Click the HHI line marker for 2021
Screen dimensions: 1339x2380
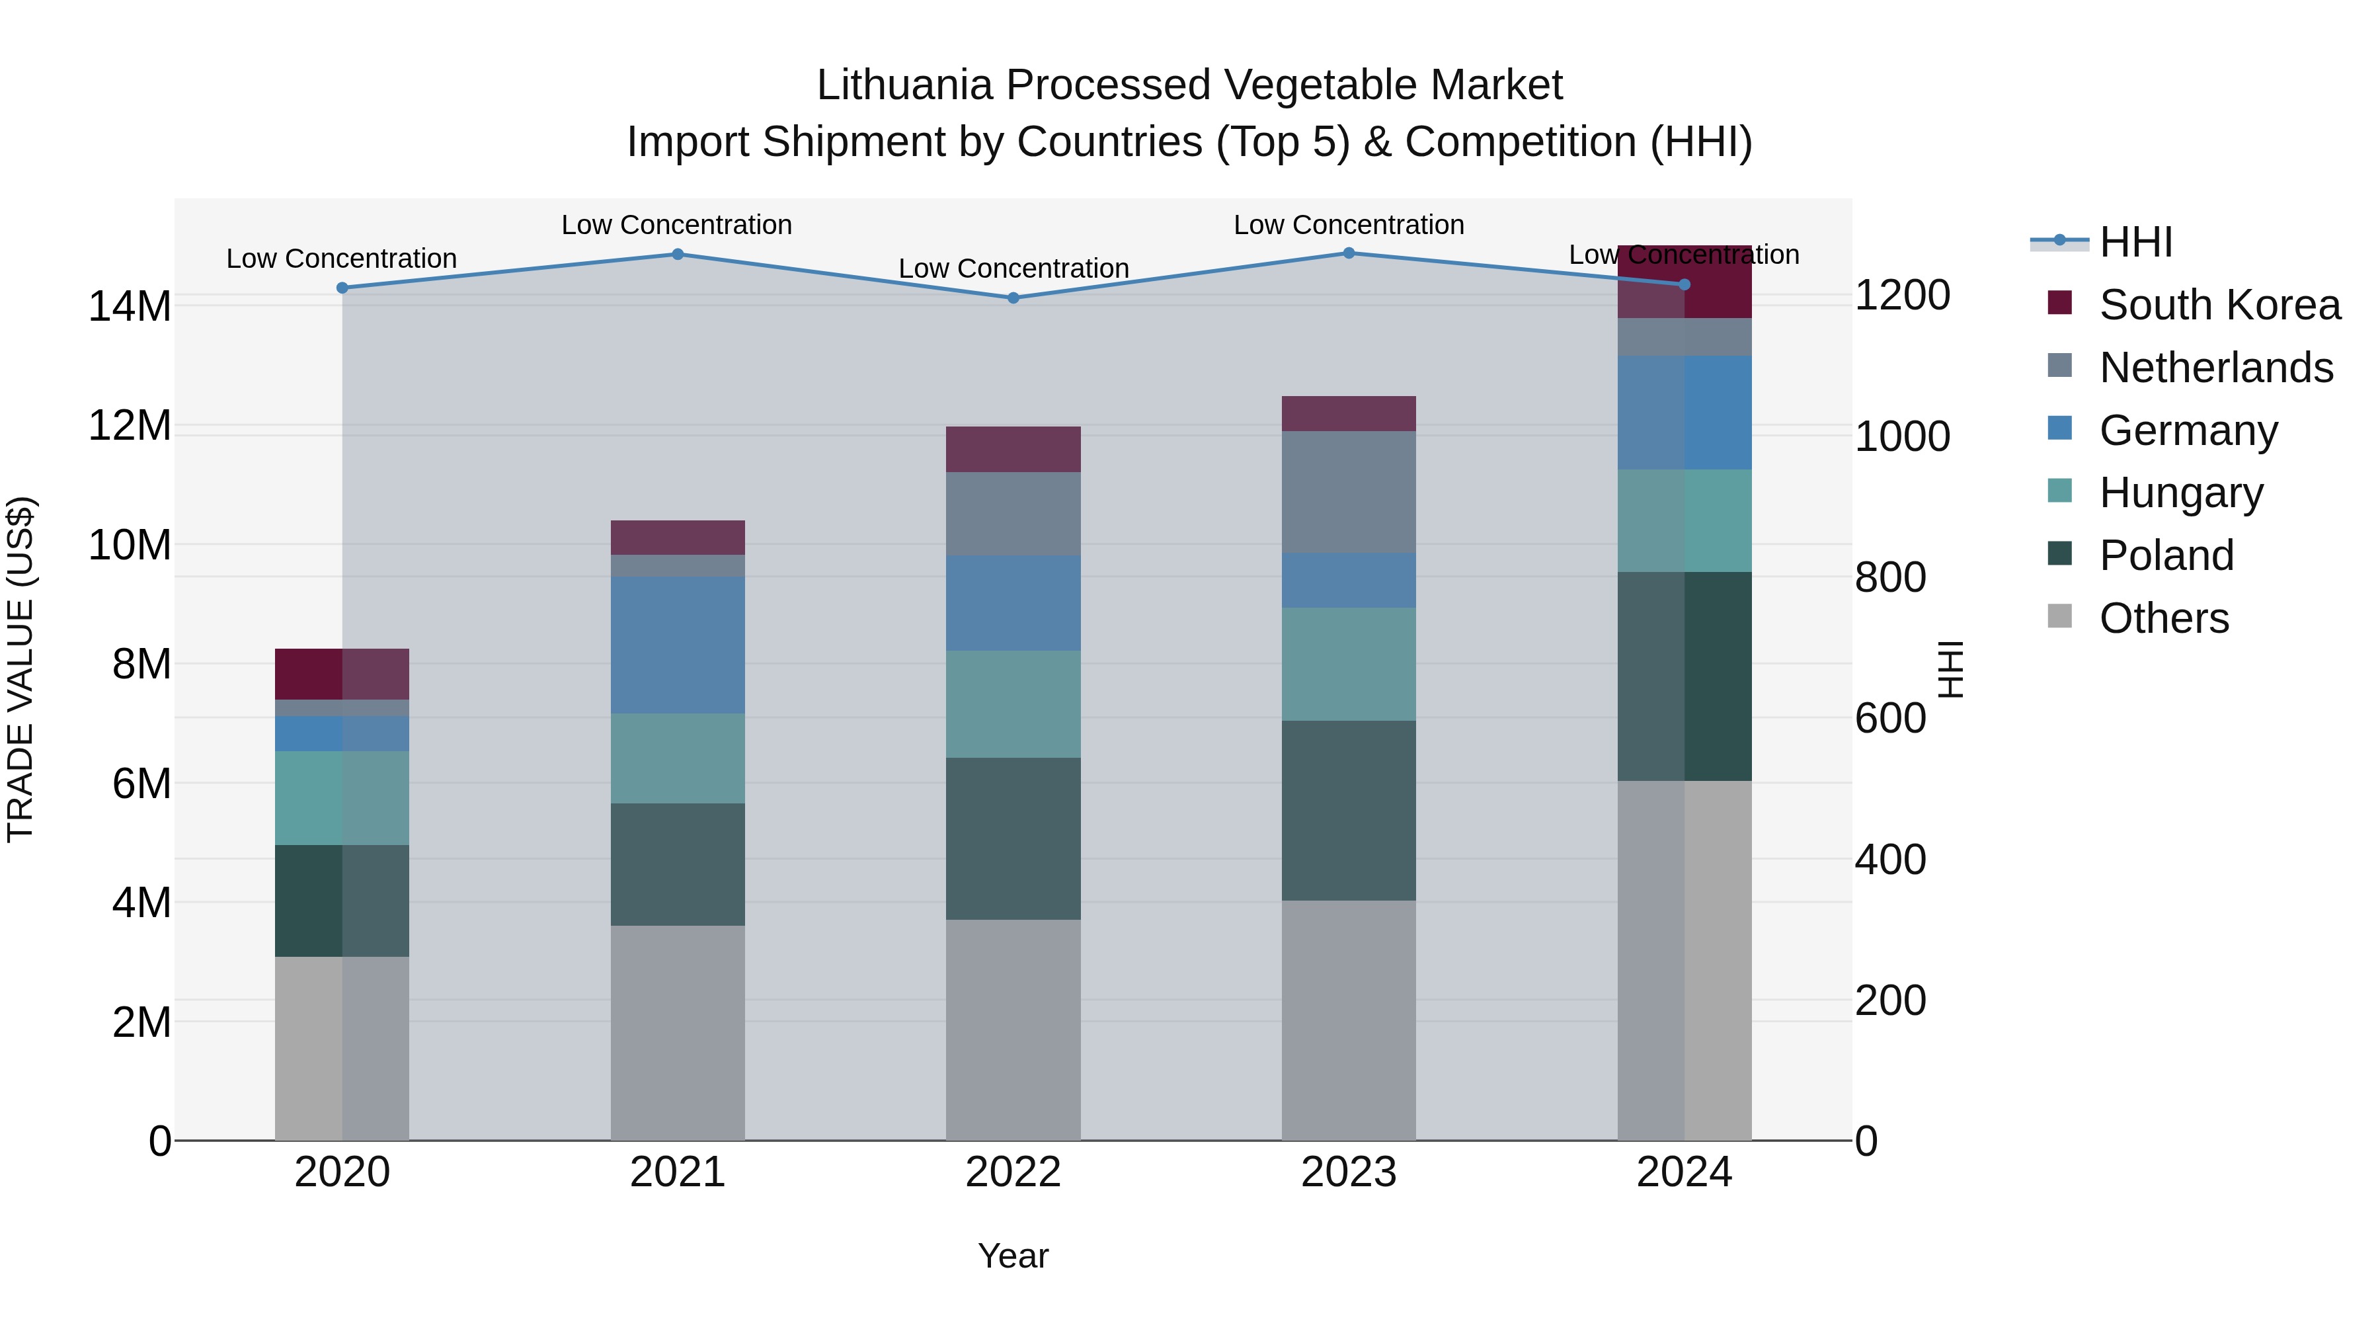[677, 254]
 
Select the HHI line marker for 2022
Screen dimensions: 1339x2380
[1013, 298]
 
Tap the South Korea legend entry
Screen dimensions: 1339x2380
[2219, 305]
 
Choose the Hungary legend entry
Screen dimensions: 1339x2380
[2180, 493]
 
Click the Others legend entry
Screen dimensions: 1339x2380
[2163, 618]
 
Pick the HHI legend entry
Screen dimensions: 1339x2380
[2135, 242]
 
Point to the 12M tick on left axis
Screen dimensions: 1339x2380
[130, 426]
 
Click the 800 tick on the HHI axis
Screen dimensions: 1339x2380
[1889, 577]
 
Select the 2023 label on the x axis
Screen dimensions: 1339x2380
[1348, 1172]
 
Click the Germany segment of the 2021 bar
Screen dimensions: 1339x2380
[677, 644]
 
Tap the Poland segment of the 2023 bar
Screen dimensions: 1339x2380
[1348, 811]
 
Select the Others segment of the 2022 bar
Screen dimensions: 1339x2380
[1013, 1030]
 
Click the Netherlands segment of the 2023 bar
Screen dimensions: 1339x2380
[1348, 491]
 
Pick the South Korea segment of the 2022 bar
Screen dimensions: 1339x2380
[1013, 449]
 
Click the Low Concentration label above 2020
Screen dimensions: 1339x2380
[341, 259]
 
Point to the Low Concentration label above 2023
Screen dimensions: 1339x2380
[1348, 225]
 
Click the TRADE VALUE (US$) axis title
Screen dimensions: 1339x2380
[20, 669]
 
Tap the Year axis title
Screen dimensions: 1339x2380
[1013, 1256]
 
